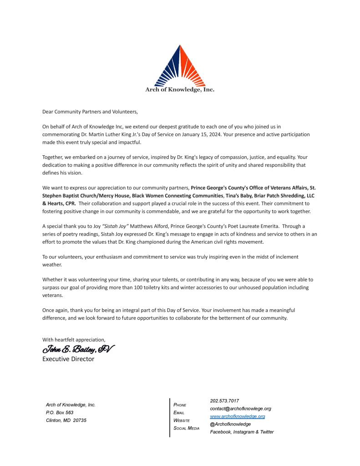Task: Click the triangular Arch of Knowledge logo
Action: pyautogui.click(x=180, y=66)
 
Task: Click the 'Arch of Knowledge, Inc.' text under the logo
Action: pyautogui.click(x=180, y=90)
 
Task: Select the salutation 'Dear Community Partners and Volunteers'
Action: pyautogui.click(x=90, y=111)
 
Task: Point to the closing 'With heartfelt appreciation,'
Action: pyautogui.click(x=73, y=339)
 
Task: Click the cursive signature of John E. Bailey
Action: pyautogui.click(x=78, y=349)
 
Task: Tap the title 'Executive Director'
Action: pyautogui.click(x=68, y=359)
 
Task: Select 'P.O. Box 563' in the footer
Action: pyautogui.click(x=60, y=412)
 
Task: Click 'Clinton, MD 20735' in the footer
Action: pyautogui.click(x=66, y=420)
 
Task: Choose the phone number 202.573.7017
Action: pyautogui.click(x=224, y=401)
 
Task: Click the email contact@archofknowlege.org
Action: pyautogui.click(x=240, y=409)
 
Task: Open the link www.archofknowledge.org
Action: pyautogui.click(x=237, y=416)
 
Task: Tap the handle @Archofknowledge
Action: pyautogui.click(x=230, y=424)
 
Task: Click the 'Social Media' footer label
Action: pyautogui.click(x=187, y=428)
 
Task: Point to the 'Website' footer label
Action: pyautogui.click(x=182, y=420)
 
